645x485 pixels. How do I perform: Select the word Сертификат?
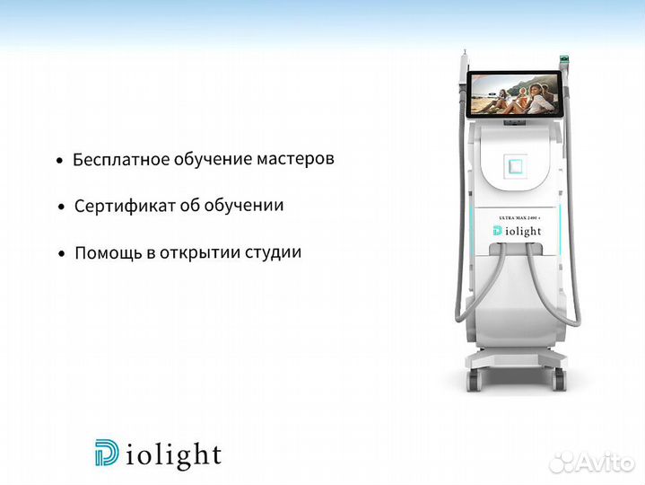118,206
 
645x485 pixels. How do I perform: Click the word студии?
271,253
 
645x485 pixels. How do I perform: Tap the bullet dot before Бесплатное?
59,162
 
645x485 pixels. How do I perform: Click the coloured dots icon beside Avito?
562,461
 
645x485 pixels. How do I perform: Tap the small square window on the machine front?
516,165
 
